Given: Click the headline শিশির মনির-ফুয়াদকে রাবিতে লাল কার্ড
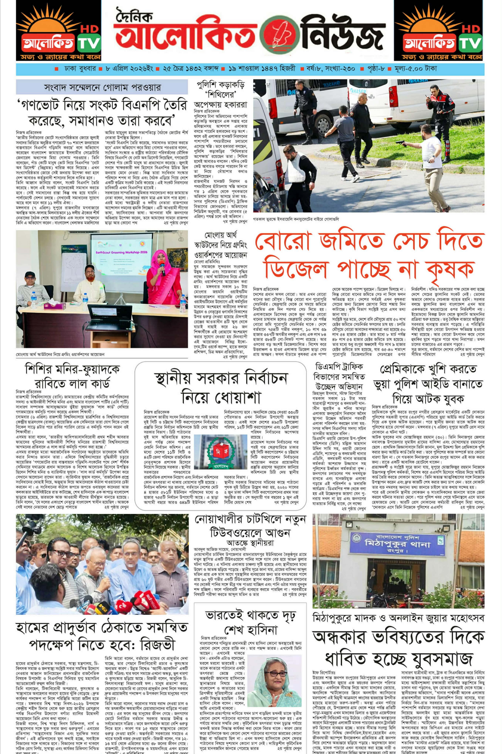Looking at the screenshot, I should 72,376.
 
